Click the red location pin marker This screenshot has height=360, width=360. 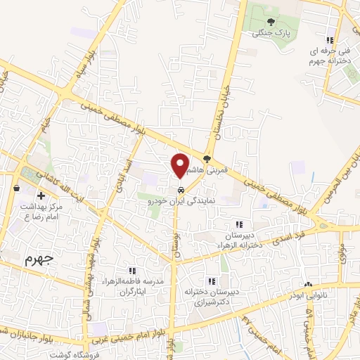tap(180, 165)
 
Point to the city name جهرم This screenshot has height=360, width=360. tap(39, 258)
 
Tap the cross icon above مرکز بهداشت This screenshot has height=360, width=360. tap(41, 195)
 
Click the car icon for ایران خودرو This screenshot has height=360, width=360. tap(181, 191)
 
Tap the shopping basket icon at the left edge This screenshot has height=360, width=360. tap(16, 188)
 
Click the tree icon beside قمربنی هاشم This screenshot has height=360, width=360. tap(207, 157)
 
